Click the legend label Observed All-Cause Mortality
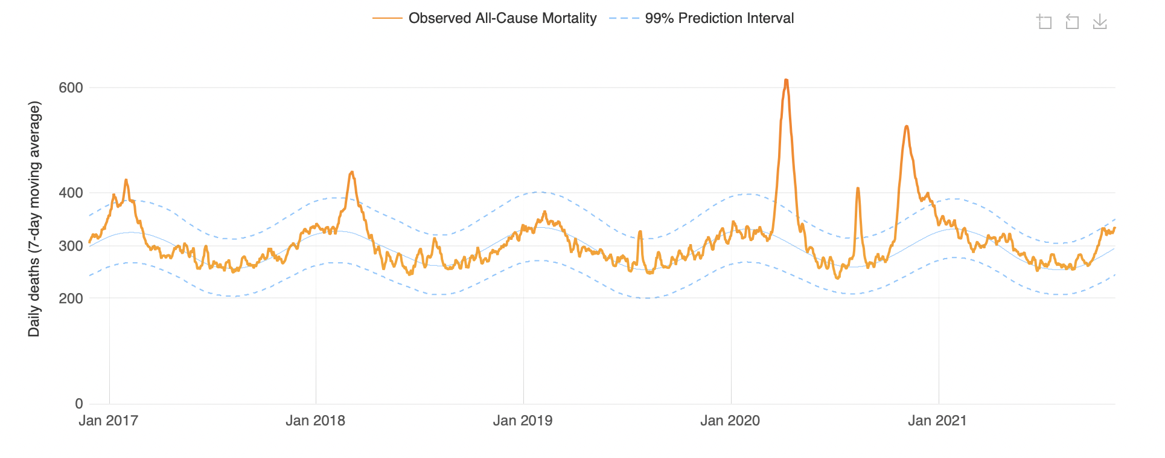(x=502, y=18)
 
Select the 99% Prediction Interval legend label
(x=719, y=18)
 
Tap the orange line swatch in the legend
(x=388, y=18)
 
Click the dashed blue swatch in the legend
(x=624, y=18)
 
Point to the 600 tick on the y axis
(x=71, y=88)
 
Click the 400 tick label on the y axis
(x=71, y=193)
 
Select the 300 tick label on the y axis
(x=71, y=246)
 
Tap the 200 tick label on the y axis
(x=71, y=298)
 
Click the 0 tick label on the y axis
(x=78, y=404)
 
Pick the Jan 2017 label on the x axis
(x=109, y=421)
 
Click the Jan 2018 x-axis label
(x=315, y=421)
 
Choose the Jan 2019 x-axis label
(x=523, y=421)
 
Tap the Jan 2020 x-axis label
(x=730, y=421)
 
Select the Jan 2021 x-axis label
(x=937, y=421)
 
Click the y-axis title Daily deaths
(x=34, y=219)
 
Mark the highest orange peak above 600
(x=786, y=80)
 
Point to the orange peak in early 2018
(x=352, y=172)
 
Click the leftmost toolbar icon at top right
(x=1044, y=22)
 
